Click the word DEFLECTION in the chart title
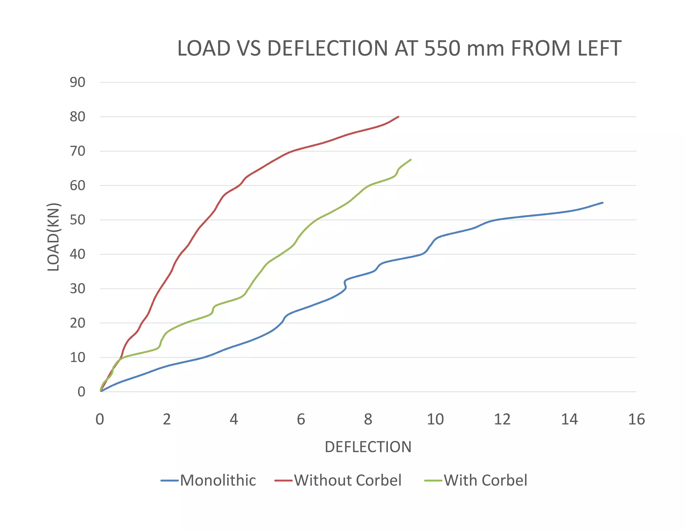point(328,48)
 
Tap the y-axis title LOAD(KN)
point(54,237)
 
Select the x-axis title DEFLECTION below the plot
point(368,447)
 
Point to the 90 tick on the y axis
point(77,82)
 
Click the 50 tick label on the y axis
point(77,220)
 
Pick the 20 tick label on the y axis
point(77,323)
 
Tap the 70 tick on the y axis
point(77,151)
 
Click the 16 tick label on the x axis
point(636,419)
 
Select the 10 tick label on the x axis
point(435,419)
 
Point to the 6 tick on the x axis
point(301,419)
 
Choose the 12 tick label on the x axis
point(502,419)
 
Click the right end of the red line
point(398,117)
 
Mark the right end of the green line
point(411,160)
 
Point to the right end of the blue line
point(603,203)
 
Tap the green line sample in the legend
point(433,481)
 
